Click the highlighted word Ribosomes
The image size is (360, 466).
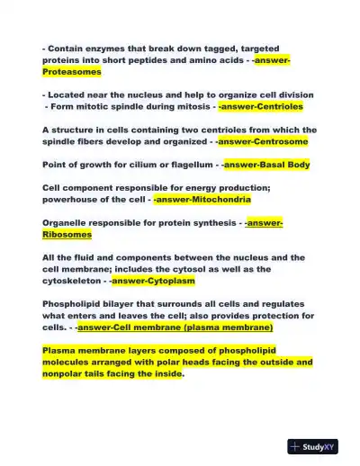(x=67, y=234)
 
